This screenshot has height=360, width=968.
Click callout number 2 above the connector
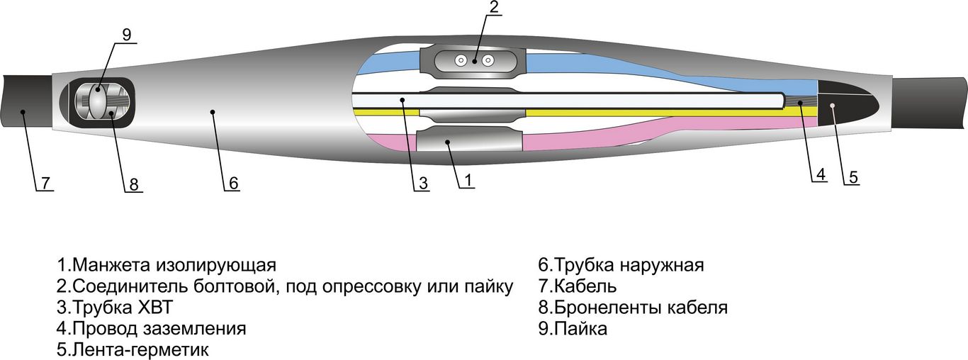pyautogui.click(x=494, y=7)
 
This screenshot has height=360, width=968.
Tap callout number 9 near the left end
pyautogui.click(x=127, y=35)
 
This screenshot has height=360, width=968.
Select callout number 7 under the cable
pyautogui.click(x=46, y=184)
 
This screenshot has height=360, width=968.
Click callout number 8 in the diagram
pyautogui.click(x=134, y=184)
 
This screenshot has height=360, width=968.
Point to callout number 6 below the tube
pyautogui.click(x=233, y=184)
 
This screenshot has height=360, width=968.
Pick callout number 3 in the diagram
pyautogui.click(x=423, y=184)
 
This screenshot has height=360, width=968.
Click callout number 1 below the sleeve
pyautogui.click(x=468, y=180)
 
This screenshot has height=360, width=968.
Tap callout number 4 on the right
pyautogui.click(x=821, y=174)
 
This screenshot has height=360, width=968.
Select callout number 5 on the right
pyautogui.click(x=853, y=177)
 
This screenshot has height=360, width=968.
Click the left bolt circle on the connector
pyautogui.click(x=462, y=61)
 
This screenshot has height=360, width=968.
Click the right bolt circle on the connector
pyautogui.click(x=488, y=61)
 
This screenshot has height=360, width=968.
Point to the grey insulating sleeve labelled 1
pyautogui.click(x=469, y=139)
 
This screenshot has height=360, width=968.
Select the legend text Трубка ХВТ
pyautogui.click(x=123, y=308)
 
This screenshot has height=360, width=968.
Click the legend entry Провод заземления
pyautogui.click(x=159, y=329)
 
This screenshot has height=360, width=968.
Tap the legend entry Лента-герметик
pyautogui.click(x=140, y=349)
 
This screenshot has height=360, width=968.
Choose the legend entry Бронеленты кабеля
pyautogui.click(x=641, y=308)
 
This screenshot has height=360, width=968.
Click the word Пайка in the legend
pyautogui.click(x=580, y=329)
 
